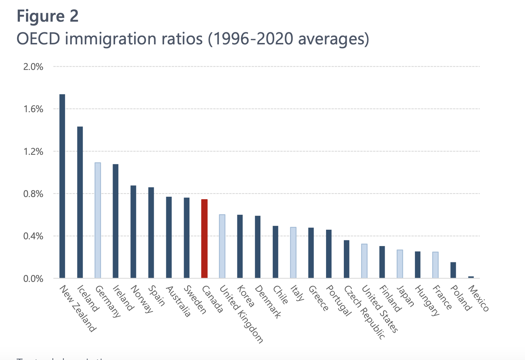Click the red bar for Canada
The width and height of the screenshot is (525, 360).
pos(204,239)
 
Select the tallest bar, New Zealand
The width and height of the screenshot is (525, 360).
pos(62,186)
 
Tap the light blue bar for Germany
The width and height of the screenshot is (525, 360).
pos(98,220)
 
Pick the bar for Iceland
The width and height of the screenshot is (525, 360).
pos(80,202)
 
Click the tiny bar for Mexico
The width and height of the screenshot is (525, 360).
pos(471,277)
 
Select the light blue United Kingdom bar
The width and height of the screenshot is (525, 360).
pos(222,246)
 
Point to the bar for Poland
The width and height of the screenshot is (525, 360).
pos(453,270)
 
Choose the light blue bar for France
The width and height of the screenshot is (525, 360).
pos(435,265)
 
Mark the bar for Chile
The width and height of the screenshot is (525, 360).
pos(275,252)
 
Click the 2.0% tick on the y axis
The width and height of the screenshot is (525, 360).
pos(33,67)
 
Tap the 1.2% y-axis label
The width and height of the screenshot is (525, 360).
pos(33,152)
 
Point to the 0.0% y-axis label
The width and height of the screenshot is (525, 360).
pos(33,279)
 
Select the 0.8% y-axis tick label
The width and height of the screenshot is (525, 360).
pos(33,194)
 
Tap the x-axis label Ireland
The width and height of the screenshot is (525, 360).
pos(123,298)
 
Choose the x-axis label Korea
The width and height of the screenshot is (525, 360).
pos(245,296)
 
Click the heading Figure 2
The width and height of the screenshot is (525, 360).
pos(48,16)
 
